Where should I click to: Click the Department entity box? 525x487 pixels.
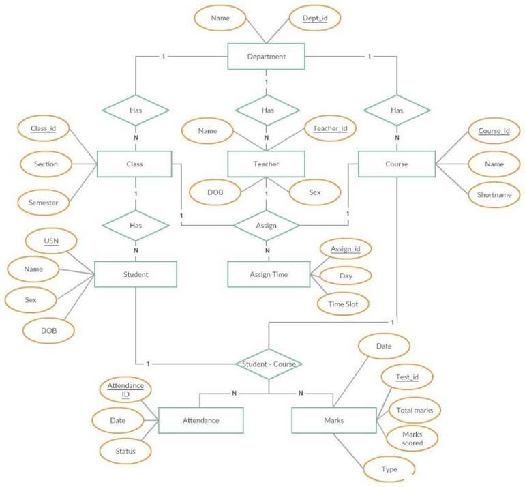(267, 57)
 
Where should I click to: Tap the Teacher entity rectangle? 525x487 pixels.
(267, 164)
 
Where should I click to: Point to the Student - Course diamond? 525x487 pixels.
(269, 364)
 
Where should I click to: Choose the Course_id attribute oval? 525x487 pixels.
(494, 131)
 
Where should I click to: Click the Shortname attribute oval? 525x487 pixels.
(494, 194)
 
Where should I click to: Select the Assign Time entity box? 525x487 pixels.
(267, 274)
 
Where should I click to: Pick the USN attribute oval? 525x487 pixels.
(51, 241)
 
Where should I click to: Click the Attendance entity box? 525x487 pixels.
(200, 420)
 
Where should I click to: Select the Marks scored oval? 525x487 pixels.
(412, 439)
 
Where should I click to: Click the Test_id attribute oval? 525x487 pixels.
(406, 377)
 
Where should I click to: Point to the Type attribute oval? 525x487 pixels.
(389, 469)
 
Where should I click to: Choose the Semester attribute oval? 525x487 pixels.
(42, 203)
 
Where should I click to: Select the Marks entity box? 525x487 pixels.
(333, 420)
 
